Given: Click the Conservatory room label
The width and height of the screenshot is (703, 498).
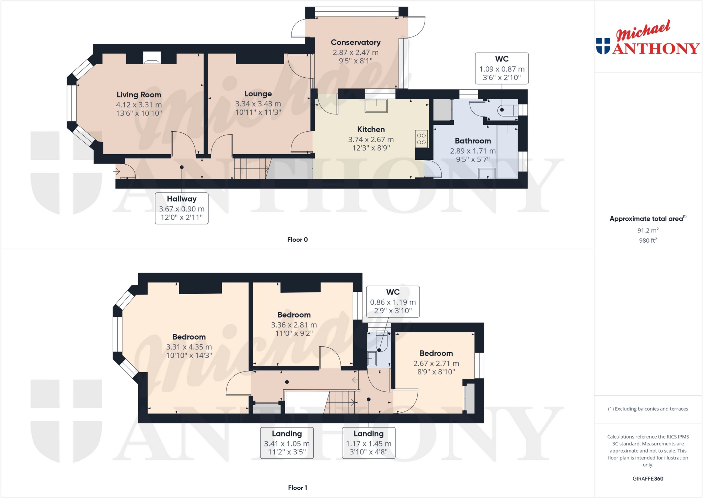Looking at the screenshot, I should tap(356, 42).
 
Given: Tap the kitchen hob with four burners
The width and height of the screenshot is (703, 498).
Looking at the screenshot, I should tap(422, 139).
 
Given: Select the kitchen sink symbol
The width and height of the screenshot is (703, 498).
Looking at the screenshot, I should tap(376, 106).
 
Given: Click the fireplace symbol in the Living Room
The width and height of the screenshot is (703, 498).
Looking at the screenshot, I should tap(152, 58).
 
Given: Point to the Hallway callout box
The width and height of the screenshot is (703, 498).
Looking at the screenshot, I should tap(182, 208).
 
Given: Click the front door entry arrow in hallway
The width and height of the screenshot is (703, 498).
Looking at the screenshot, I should tap(117, 171).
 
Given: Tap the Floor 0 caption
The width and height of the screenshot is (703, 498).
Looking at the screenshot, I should tap(297, 240).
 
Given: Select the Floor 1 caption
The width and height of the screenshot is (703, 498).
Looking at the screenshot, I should tap(297, 488).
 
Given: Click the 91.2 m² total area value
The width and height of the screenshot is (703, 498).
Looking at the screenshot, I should tap(648, 230).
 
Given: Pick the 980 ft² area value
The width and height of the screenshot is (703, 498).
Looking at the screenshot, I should tap(648, 240).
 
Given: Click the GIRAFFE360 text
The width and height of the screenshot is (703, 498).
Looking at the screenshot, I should tap(648, 478).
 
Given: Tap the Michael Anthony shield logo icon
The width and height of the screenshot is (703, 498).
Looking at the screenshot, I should tap(603, 46).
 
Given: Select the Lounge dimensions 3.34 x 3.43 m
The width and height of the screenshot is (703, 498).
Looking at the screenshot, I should tap(258, 104).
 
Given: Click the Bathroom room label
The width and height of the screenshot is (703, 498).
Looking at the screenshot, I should tap(473, 141).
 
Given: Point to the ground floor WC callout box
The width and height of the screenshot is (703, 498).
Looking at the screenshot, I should tap(502, 68).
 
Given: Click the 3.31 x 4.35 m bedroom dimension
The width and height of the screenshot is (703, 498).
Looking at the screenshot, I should tap(189, 347).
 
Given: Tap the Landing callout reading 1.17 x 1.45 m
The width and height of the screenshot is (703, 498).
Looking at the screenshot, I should tap(369, 443).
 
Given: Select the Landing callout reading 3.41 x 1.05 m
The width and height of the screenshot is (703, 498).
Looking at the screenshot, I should tap(287, 443).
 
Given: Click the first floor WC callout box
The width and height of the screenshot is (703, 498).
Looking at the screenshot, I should tap(393, 301).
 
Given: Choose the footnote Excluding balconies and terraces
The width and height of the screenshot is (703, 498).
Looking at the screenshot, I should tap(648, 409).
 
